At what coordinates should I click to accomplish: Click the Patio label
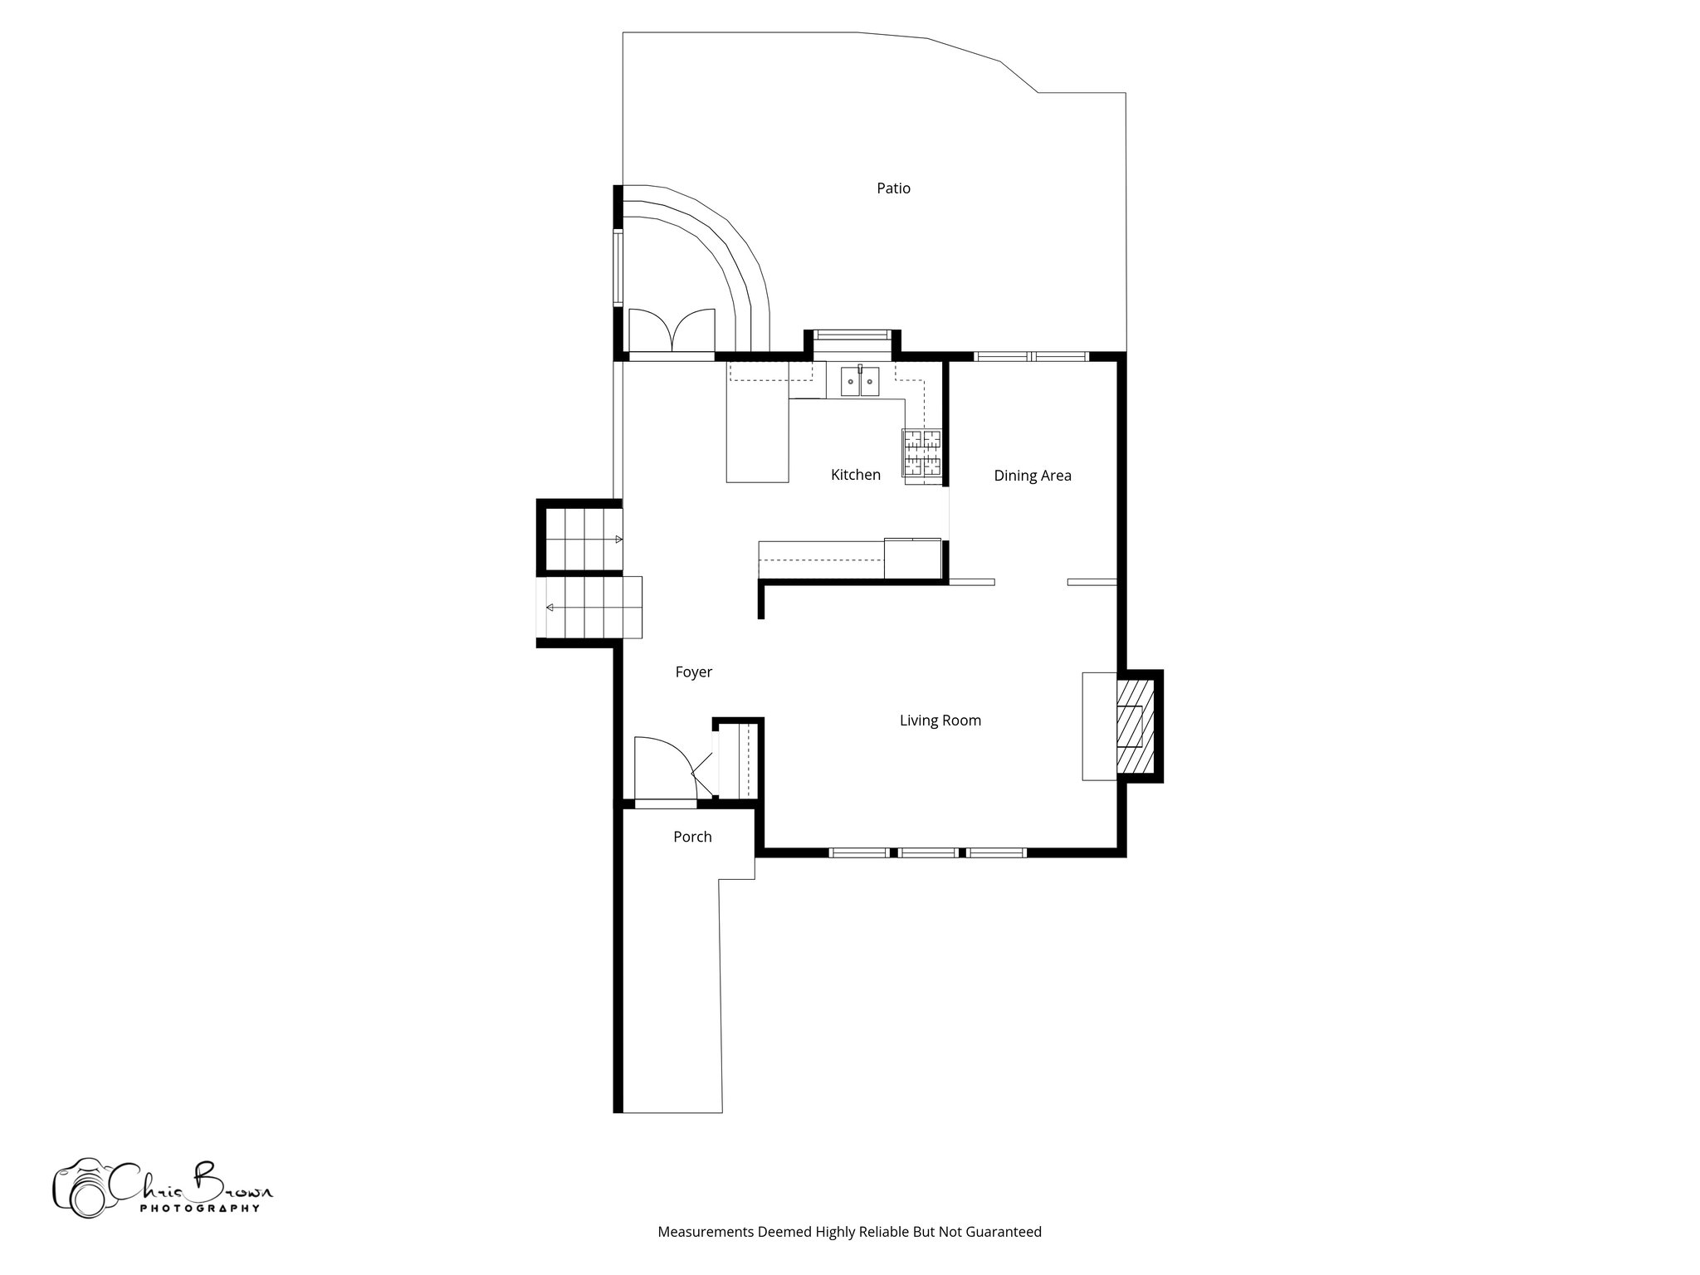pyautogui.click(x=893, y=188)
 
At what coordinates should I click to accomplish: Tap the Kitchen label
pyautogui.click(x=855, y=475)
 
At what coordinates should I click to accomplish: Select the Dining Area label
pyautogui.click(x=1032, y=476)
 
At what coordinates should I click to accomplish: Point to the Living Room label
pyautogui.click(x=940, y=721)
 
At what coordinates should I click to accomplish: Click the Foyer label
pyautogui.click(x=693, y=672)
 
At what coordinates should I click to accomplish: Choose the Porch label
pyautogui.click(x=692, y=837)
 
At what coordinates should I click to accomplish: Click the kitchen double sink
pyautogui.click(x=859, y=383)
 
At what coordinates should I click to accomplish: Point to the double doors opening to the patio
pyautogui.click(x=672, y=330)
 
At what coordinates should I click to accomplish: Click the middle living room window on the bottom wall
pyautogui.click(x=927, y=852)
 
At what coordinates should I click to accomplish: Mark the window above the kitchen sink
pyautogui.click(x=853, y=335)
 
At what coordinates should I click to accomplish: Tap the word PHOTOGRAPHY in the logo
pyautogui.click(x=199, y=1209)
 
